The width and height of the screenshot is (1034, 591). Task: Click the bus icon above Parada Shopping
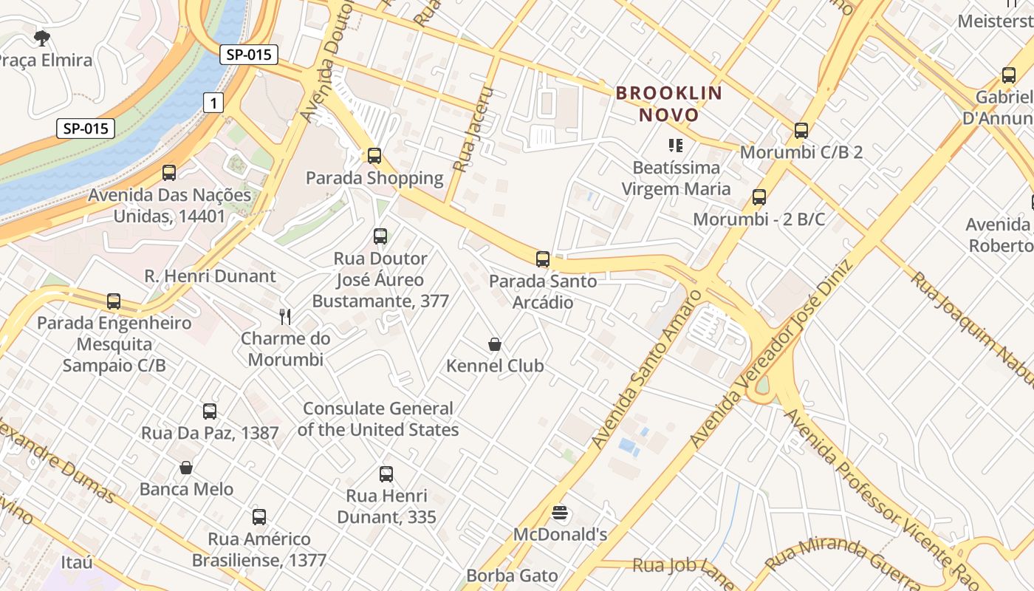tap(374, 156)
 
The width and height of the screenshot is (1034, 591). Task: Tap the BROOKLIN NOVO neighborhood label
tap(668, 104)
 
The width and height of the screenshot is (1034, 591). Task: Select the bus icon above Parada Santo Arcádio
tap(543, 259)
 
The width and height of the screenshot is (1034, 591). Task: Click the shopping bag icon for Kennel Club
tap(495, 344)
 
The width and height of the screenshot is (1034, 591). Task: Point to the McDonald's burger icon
tap(560, 513)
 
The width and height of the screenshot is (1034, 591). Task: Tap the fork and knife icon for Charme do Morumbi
tap(286, 317)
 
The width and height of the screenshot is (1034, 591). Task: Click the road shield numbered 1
tap(213, 103)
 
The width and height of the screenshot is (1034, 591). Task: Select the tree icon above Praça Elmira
tap(42, 38)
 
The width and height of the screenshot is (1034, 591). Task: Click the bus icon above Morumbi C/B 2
tap(801, 131)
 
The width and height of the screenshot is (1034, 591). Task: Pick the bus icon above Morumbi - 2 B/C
tap(759, 197)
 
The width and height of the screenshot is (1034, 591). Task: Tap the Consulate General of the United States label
tap(378, 419)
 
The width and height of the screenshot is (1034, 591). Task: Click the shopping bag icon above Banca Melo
tap(186, 468)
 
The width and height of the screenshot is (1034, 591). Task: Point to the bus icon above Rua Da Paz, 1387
tap(210, 411)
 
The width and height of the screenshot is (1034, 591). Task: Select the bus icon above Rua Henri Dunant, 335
tap(386, 474)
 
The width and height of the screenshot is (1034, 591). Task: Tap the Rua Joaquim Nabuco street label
tap(971, 329)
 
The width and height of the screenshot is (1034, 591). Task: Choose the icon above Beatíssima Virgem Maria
tap(676, 146)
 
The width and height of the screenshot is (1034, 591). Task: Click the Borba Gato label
tap(512, 575)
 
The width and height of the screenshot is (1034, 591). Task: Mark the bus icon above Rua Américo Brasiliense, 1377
tap(259, 517)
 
